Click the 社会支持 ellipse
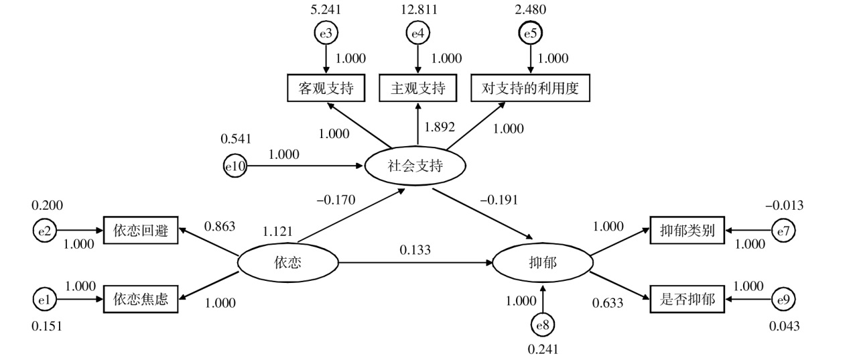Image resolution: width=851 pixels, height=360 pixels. click(x=415, y=166)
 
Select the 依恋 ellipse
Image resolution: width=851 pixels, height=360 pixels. click(x=288, y=263)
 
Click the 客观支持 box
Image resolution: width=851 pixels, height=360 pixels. click(x=326, y=88)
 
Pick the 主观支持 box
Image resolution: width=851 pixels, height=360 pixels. click(x=417, y=88)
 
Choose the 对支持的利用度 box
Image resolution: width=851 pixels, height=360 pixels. click(x=531, y=88)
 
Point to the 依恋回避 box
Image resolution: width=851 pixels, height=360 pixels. click(x=141, y=231)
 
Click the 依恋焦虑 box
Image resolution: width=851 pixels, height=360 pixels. click(x=141, y=299)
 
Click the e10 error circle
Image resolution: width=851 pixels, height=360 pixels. click(x=235, y=166)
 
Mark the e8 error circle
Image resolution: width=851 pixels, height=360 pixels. click(x=543, y=325)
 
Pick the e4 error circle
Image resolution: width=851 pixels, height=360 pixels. click(x=418, y=33)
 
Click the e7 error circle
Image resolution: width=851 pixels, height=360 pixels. click(x=783, y=231)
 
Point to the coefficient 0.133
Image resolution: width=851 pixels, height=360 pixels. click(x=415, y=250)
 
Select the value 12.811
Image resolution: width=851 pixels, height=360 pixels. click(x=418, y=10)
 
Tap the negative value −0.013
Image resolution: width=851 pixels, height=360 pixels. click(x=784, y=206)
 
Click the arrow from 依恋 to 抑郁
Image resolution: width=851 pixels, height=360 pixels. click(x=415, y=263)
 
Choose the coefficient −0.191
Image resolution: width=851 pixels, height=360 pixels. click(x=500, y=200)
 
